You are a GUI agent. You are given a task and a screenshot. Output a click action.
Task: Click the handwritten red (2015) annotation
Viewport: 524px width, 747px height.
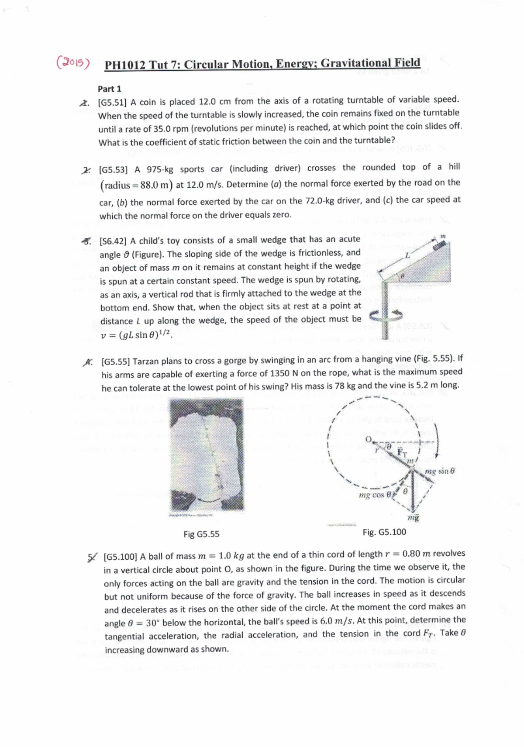(x=73, y=63)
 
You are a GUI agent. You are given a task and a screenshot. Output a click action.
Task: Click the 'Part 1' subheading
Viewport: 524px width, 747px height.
(x=109, y=89)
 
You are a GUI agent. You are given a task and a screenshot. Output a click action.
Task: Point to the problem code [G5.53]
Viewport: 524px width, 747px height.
(x=114, y=169)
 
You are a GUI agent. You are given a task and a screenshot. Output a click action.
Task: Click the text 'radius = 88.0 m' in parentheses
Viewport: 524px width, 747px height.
(x=137, y=185)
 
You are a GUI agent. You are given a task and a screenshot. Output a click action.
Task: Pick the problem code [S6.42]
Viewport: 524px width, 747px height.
(x=114, y=241)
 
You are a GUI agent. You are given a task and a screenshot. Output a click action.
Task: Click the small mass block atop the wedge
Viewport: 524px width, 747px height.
(x=442, y=244)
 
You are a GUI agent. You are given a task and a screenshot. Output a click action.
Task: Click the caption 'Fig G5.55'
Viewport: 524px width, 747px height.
(x=201, y=534)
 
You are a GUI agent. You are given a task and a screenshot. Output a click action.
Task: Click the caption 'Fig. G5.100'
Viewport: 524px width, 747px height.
(x=384, y=532)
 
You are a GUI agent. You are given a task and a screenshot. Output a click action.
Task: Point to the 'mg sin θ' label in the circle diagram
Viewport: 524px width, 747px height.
(x=440, y=471)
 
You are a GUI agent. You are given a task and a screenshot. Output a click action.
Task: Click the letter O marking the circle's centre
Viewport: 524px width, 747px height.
(x=368, y=438)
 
